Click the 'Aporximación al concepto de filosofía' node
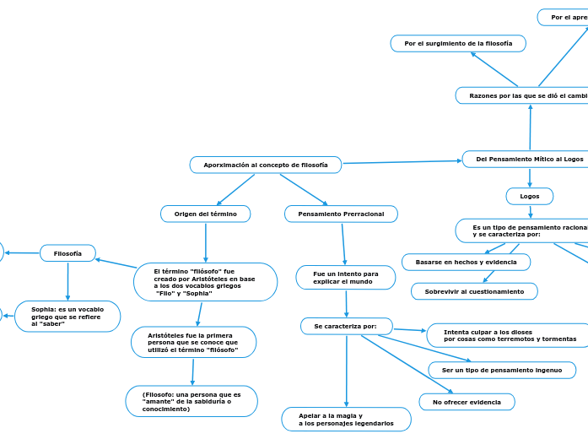266,165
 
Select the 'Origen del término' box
205,214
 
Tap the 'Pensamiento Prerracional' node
341,214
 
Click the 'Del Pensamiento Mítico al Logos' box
529,159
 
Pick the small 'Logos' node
530,196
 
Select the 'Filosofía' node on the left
67,253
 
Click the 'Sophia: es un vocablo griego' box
68,317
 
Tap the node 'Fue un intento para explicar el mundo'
346,277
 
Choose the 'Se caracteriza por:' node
346,326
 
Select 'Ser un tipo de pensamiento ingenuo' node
501,370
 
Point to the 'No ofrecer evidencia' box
467,402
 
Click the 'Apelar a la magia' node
346,420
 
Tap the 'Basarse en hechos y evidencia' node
466,263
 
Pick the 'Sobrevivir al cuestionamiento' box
474,291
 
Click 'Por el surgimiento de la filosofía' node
458,43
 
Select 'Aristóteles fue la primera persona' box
194,342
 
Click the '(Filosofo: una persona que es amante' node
192,401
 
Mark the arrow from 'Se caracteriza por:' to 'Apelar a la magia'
346,371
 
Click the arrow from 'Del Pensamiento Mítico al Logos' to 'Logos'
530,177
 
